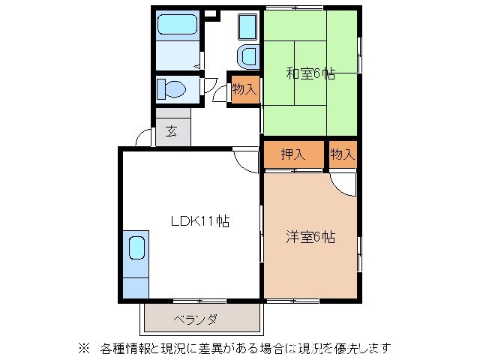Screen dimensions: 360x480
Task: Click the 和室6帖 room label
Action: click(310, 73)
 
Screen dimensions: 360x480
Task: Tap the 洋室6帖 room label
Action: click(310, 237)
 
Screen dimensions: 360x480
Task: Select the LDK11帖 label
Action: click(199, 221)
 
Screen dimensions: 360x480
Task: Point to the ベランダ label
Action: click(196, 319)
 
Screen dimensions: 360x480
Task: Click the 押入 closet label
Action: click(292, 154)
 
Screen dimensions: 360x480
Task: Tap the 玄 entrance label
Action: click(172, 131)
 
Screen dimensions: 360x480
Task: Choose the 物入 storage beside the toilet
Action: click(244, 88)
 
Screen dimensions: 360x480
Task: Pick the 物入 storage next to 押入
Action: click(342, 154)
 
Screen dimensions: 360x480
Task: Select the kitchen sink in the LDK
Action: click(136, 248)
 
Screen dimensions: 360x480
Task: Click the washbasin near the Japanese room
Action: click(247, 56)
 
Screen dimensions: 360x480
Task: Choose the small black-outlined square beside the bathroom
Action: click(210, 13)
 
